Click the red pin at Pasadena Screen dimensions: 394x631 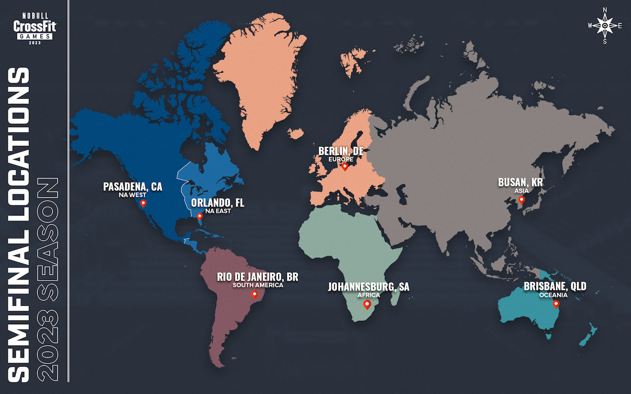(143, 203)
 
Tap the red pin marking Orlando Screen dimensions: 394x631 (199, 216)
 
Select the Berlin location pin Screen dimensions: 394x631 (344, 167)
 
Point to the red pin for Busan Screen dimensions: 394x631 (521, 200)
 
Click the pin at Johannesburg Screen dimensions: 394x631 (367, 304)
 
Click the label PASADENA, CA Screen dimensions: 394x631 (133, 186)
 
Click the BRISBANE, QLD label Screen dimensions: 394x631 (554, 287)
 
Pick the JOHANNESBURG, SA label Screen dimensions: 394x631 (369, 287)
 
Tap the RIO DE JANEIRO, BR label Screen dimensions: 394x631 (258, 277)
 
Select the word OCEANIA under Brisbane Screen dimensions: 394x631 (553, 295)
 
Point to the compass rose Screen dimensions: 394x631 (605, 25)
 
